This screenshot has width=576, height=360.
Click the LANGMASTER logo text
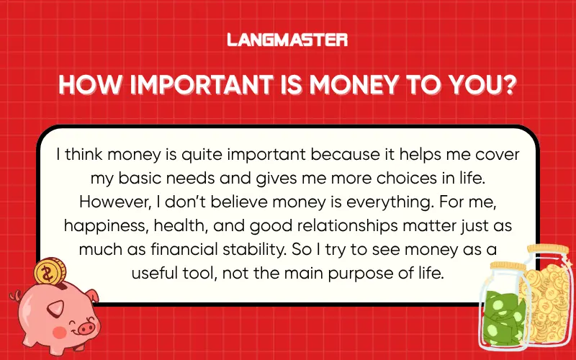coord(287,40)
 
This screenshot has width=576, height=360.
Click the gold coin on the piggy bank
coord(49,272)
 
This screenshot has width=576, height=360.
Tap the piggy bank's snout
coord(85,328)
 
